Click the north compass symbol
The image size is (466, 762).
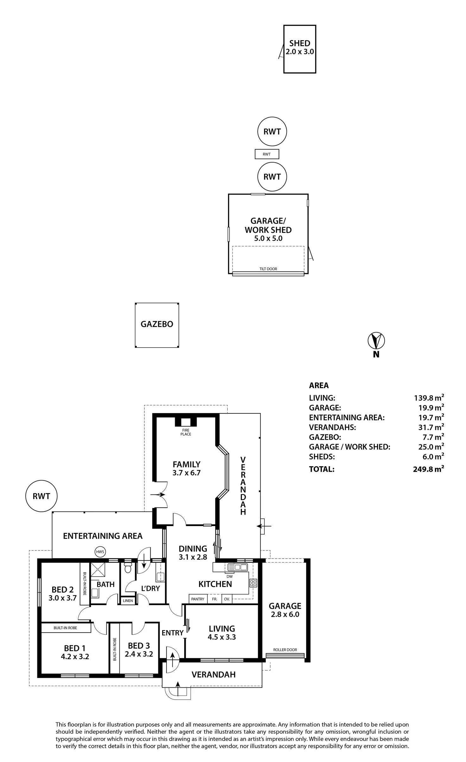pyautogui.click(x=376, y=341)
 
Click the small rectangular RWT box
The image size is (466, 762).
pyautogui.click(x=267, y=154)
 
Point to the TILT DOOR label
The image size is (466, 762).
pyautogui.click(x=268, y=269)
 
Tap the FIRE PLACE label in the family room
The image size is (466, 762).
pyautogui.click(x=186, y=432)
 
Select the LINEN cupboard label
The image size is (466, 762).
pyautogui.click(x=128, y=601)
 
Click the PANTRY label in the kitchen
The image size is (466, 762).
pyautogui.click(x=198, y=599)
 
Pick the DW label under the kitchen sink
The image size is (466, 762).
pyautogui.click(x=230, y=577)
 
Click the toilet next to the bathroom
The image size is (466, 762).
pyautogui.click(x=128, y=568)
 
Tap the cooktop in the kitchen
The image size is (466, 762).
pyautogui.click(x=253, y=582)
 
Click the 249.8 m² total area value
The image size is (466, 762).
pyautogui.click(x=428, y=469)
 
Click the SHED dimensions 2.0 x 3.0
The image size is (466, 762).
pyautogui.click(x=300, y=52)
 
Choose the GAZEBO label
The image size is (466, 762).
pyautogui.click(x=157, y=324)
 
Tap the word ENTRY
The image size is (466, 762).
pyautogui.click(x=173, y=633)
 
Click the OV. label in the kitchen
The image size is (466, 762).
pyautogui.click(x=227, y=599)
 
